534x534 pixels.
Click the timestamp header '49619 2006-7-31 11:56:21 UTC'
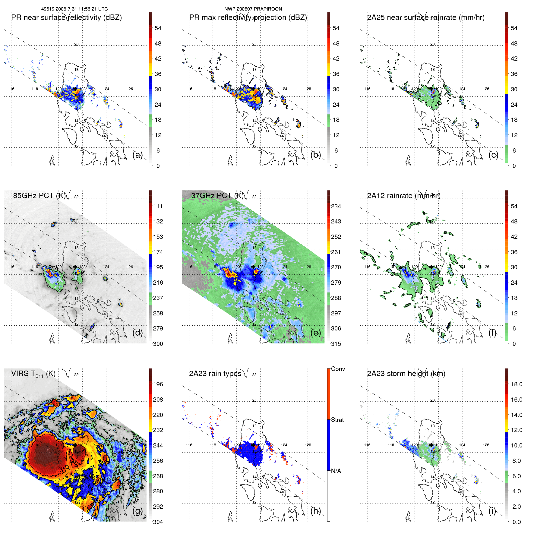pos(74,9)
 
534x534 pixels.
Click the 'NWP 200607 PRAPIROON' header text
pos(253,9)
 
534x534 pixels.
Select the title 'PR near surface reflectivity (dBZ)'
pos(66,17)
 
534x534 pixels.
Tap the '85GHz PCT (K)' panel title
pos(39,195)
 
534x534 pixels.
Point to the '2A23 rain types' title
pos(215,374)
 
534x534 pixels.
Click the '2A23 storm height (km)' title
pos(406,374)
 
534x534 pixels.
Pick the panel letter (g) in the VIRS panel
pos(137,511)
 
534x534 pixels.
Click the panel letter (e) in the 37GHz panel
pos(316,333)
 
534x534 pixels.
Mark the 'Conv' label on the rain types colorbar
pos(338,369)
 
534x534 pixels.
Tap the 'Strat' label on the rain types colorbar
pos(337,420)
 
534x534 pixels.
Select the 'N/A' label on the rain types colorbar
pos(336,471)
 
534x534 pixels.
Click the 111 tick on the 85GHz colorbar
pos(158,206)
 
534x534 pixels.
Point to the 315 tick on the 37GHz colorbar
pos(336,344)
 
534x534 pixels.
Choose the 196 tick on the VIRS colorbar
pos(158,384)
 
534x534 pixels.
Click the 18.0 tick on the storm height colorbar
pos(516,384)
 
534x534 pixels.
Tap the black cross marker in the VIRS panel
pos(75,445)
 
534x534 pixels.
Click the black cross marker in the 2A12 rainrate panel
pos(431,267)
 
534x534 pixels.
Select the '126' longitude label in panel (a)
pos(130,89)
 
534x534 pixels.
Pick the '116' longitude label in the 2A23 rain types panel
pos(189,445)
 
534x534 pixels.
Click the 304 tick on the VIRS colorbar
pos(158,522)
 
